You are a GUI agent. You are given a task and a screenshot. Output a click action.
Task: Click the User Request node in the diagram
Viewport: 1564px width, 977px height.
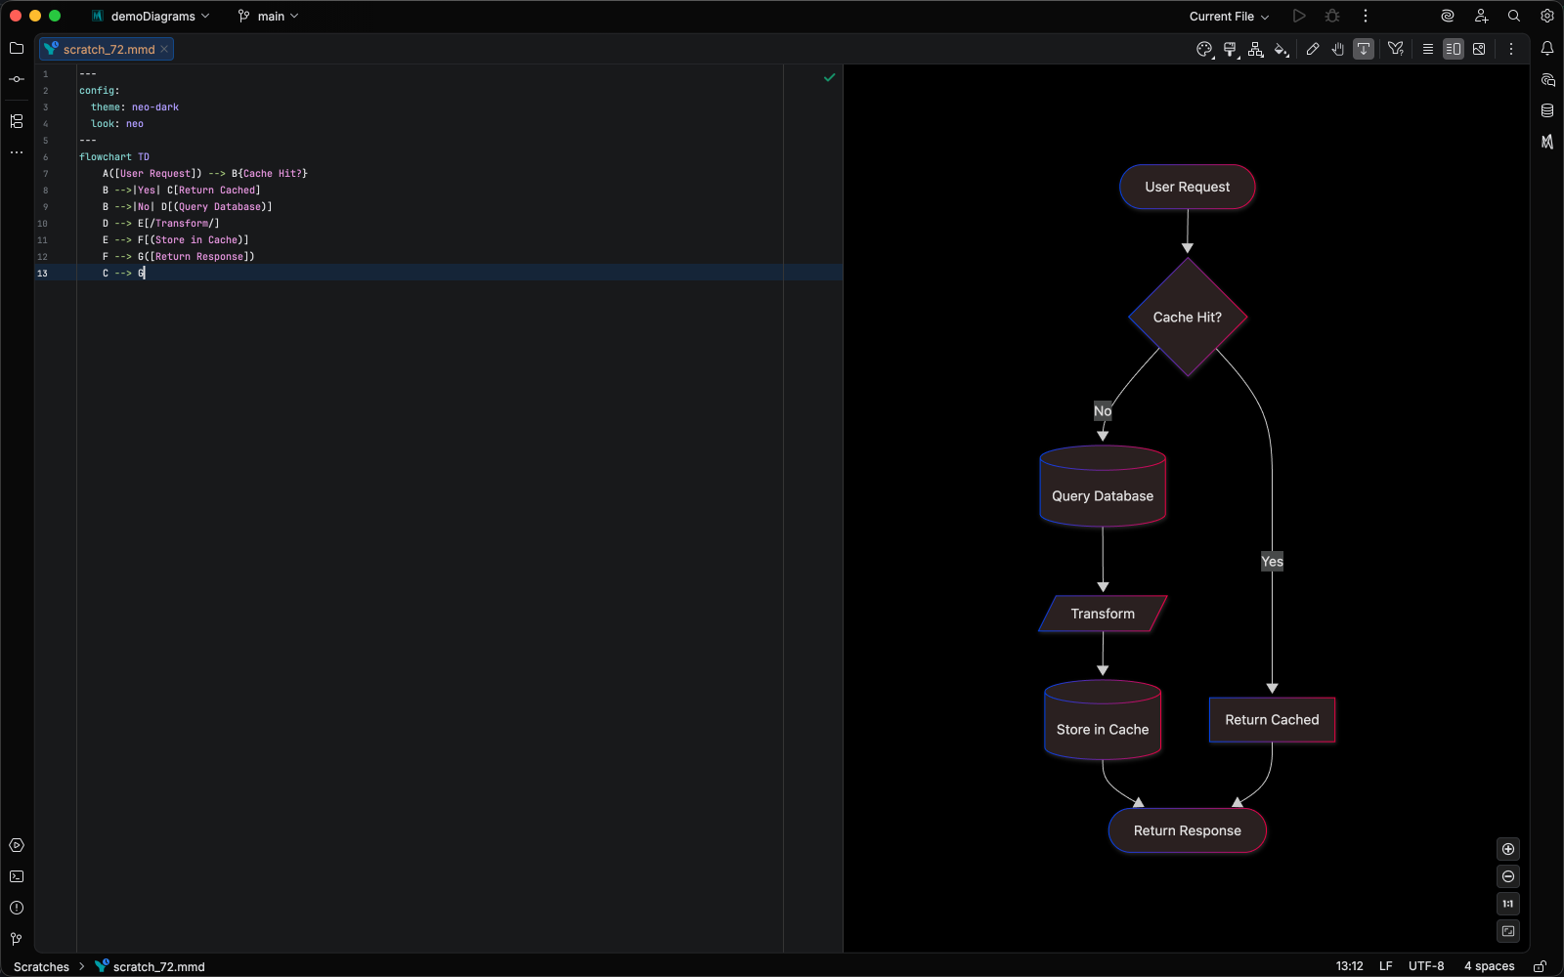tap(1187, 187)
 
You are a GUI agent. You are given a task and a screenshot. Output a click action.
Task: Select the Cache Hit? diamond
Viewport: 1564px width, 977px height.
tap(1187, 318)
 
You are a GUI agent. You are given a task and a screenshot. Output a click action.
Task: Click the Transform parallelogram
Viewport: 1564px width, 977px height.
tap(1103, 614)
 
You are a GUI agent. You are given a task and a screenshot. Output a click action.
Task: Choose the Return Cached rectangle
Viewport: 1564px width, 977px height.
tap(1272, 720)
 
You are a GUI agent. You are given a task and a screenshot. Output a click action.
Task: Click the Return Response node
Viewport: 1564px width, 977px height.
tap(1187, 830)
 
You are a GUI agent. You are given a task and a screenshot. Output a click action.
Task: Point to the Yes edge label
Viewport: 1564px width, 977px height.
tap(1272, 561)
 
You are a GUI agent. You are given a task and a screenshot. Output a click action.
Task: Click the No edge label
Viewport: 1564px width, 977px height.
tap(1103, 411)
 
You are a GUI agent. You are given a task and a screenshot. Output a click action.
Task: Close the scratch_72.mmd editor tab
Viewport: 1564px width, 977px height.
tap(164, 49)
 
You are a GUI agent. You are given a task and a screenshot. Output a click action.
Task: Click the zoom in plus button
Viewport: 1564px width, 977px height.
tap(1508, 849)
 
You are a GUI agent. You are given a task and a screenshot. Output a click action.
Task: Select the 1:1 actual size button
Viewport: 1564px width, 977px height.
tap(1508, 904)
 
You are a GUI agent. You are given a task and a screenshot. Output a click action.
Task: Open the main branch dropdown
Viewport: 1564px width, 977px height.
tap(269, 16)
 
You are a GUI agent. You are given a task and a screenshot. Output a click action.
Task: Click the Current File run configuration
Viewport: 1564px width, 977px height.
tap(1229, 16)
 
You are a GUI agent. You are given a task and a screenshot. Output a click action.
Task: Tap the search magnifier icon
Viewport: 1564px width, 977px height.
tap(1513, 16)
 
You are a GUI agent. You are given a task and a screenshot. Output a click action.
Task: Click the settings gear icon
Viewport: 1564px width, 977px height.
tap(1546, 16)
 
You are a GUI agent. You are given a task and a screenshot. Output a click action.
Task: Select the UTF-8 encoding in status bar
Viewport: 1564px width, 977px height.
tap(1425, 966)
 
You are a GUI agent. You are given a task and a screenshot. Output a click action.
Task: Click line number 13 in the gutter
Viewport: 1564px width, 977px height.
tap(42, 274)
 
